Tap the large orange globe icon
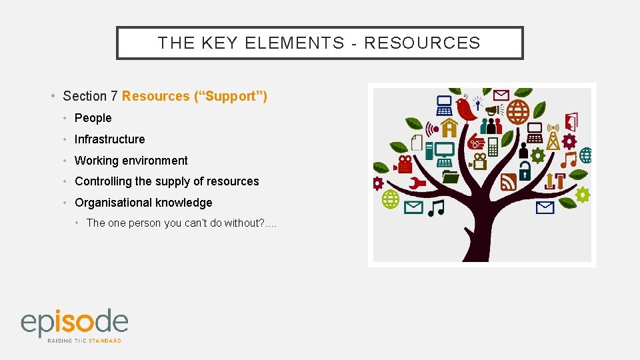[518, 112]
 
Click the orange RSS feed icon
[509, 182]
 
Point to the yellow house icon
[449, 127]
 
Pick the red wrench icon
[417, 183]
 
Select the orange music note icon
[568, 159]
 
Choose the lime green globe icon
[390, 199]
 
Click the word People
[93, 118]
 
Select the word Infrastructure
[109, 139]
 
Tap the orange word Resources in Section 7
[155, 97]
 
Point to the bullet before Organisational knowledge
[67, 203]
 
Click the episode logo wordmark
[74, 323]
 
